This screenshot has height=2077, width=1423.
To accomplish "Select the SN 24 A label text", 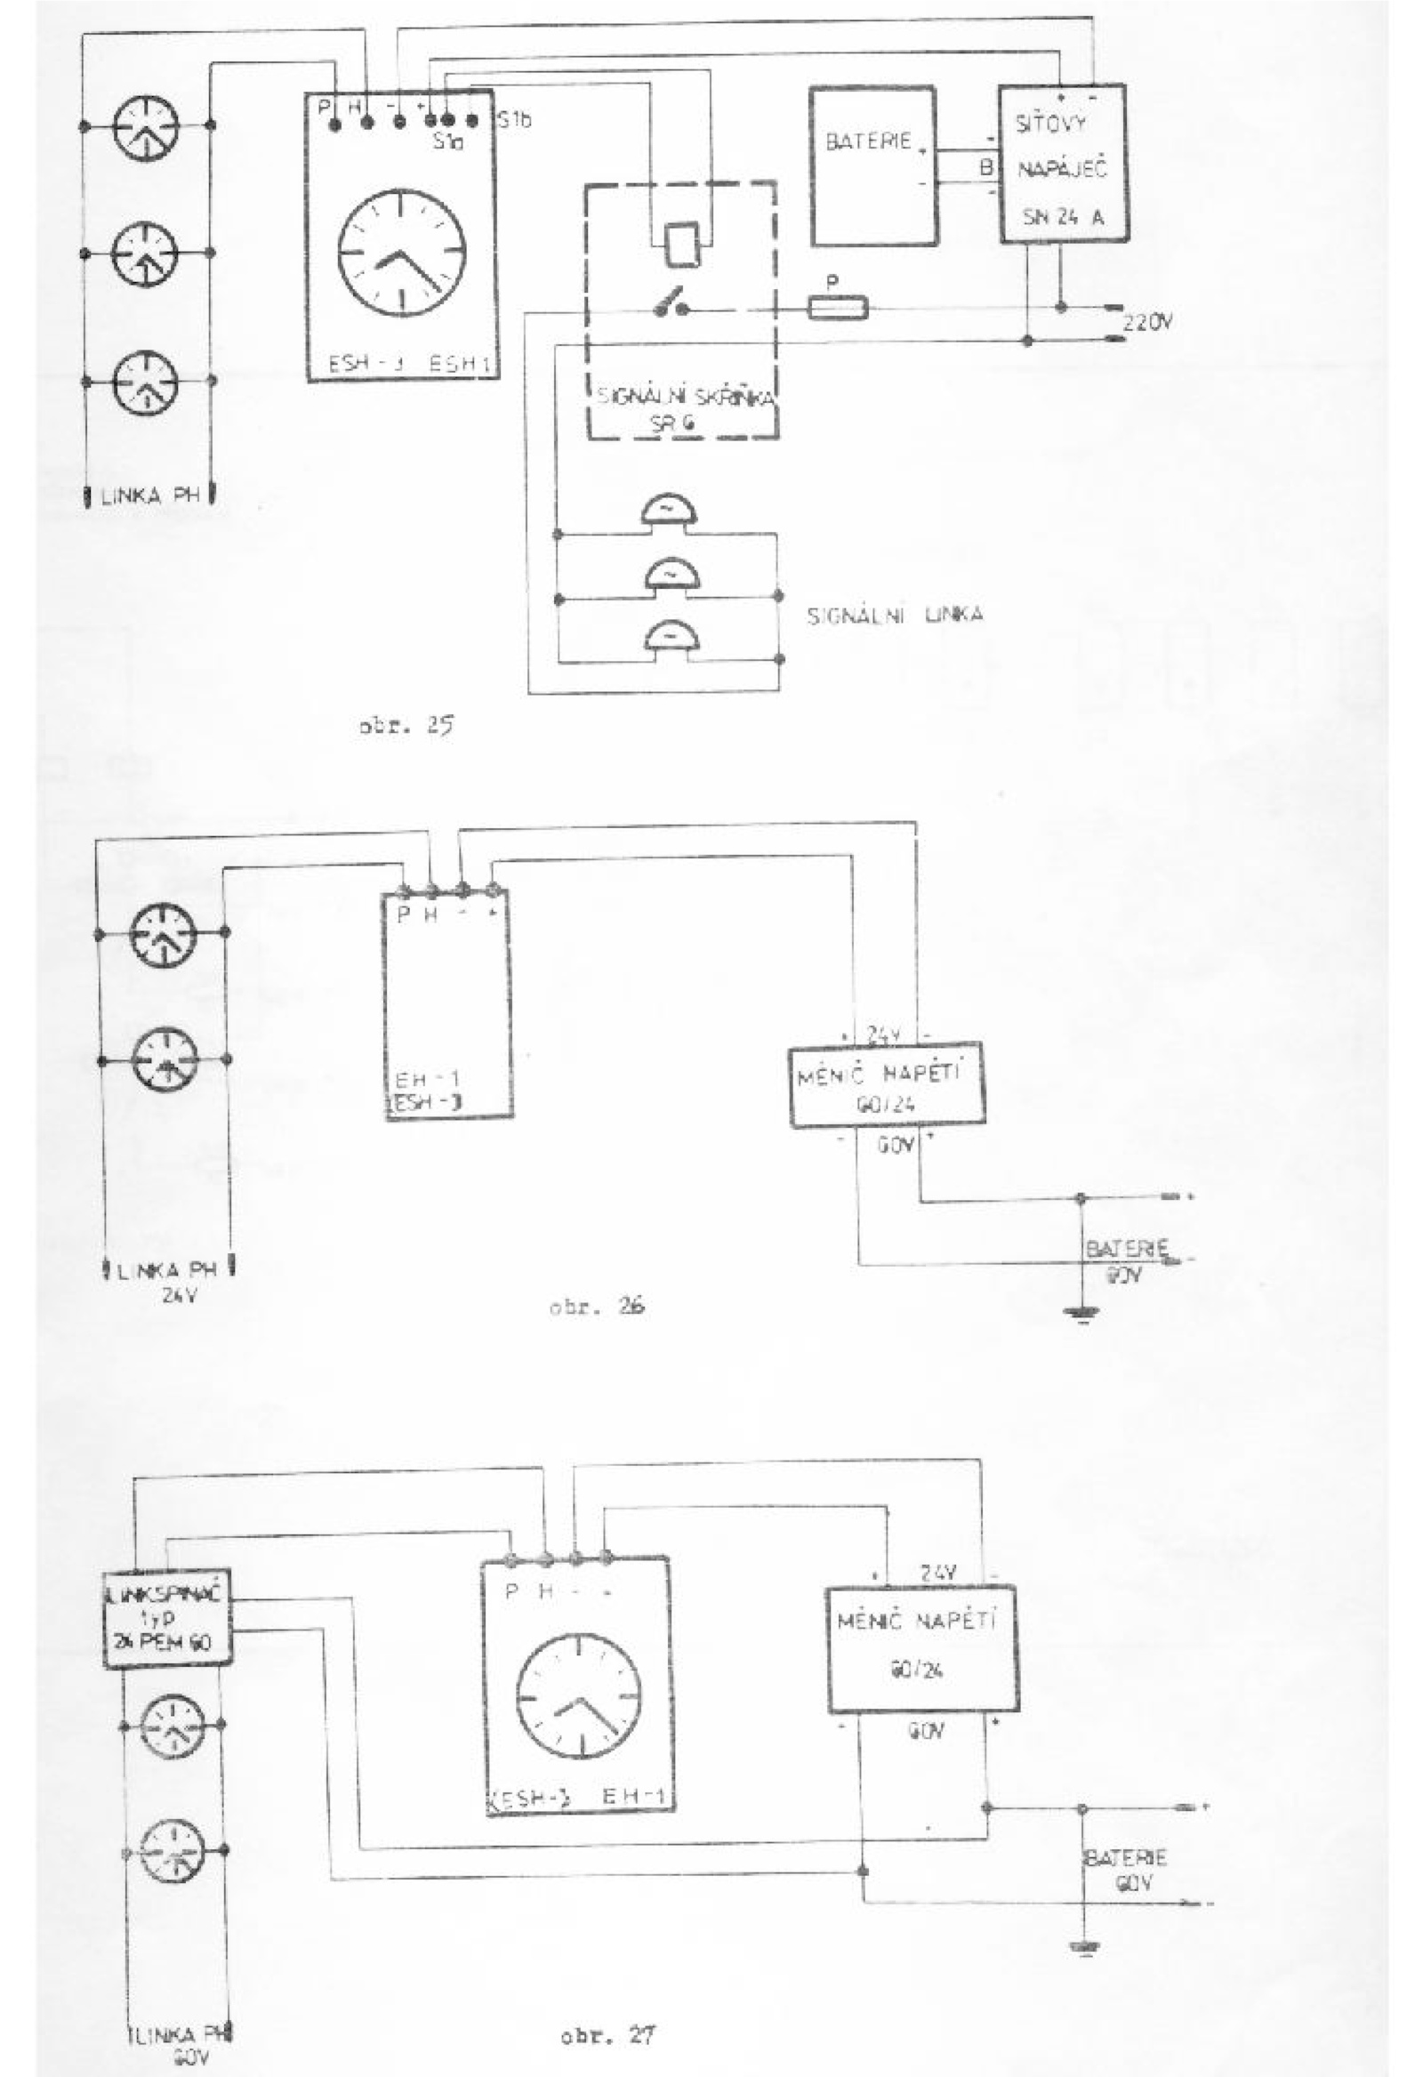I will (1062, 216).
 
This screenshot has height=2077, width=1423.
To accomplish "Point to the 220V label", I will (1146, 324).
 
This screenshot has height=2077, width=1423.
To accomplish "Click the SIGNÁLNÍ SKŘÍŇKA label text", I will (684, 398).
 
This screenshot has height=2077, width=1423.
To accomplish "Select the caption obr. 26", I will (597, 1307).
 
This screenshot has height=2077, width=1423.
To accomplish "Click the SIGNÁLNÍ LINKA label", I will (895, 616).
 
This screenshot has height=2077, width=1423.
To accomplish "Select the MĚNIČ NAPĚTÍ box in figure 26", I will (887, 1085).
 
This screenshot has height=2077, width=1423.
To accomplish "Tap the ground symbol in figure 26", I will (1081, 1313).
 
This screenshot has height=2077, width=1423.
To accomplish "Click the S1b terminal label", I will (514, 121).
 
